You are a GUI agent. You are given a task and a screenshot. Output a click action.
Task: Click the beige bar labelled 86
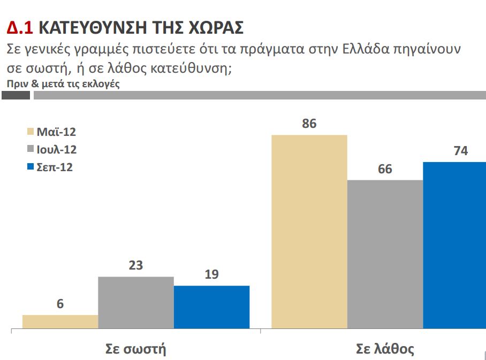309,231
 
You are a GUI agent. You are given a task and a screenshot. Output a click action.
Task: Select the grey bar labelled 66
385,254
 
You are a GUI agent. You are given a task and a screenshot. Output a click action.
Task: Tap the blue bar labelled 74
454,245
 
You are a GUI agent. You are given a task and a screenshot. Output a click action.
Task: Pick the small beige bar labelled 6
60,321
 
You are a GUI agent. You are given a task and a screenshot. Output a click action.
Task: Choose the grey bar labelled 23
136,302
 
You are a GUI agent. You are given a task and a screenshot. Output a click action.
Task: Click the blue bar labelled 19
211,307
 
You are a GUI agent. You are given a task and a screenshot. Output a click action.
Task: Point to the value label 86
309,124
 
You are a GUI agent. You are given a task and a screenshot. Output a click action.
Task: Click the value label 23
136,265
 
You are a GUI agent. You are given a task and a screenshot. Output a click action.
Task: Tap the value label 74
460,151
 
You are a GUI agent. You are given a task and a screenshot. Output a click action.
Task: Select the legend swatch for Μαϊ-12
30,132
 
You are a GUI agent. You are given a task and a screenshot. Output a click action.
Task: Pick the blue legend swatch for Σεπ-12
30,167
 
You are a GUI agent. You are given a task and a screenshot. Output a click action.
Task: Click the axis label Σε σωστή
135,350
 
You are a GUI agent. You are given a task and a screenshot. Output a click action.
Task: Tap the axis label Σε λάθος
385,350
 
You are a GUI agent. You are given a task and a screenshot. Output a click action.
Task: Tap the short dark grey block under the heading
16,95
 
